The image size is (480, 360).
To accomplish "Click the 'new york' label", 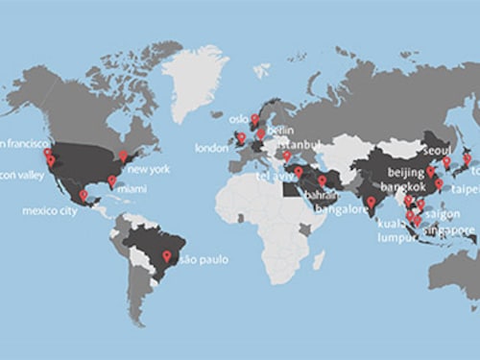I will pos(148,170).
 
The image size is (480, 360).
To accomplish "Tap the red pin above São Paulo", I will pos(167,255).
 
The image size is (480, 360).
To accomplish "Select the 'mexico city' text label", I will pos(49,211).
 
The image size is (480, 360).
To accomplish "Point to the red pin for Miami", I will pos(111,180).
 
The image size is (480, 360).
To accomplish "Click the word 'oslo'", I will pos(238,121).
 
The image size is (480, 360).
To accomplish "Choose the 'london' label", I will pos(211,149).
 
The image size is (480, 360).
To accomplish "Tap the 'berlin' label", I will pos(279,130).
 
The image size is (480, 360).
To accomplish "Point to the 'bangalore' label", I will pos(344,209).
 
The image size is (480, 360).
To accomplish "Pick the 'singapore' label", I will pos(452,230).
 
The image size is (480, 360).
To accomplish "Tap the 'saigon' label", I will pos(442,214).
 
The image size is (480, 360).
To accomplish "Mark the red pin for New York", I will pos(122,155).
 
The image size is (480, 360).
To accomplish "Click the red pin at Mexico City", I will pos(84,196).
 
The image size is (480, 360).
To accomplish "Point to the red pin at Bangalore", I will pos(371,202).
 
